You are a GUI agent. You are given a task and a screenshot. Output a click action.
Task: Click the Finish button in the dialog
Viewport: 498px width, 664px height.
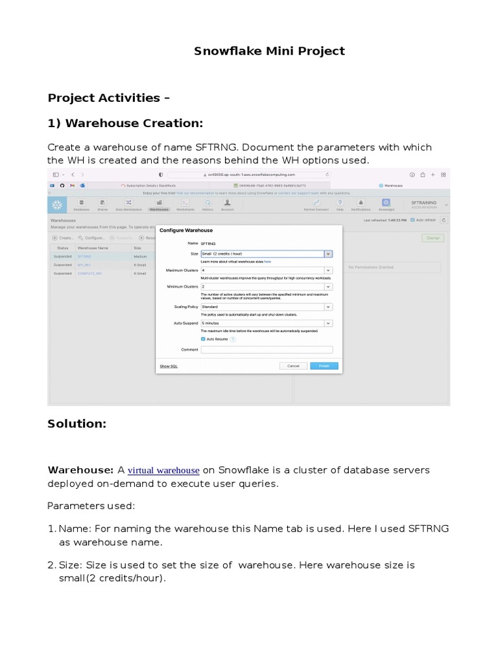pyautogui.click(x=324, y=366)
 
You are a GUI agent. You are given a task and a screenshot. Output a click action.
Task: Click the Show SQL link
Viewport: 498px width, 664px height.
pyautogui.click(x=169, y=366)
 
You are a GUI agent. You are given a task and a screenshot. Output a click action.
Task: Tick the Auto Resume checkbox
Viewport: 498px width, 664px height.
pyautogui.click(x=203, y=338)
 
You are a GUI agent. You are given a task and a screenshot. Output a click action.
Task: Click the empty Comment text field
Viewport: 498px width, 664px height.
pyautogui.click(x=267, y=350)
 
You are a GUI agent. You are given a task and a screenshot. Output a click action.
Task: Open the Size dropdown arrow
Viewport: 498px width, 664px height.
pyautogui.click(x=328, y=254)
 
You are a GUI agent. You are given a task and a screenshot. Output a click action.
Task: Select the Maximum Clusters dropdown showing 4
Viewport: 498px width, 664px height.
pyautogui.click(x=266, y=270)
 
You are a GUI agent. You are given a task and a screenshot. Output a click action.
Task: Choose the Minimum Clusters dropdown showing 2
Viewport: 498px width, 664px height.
pyautogui.click(x=266, y=286)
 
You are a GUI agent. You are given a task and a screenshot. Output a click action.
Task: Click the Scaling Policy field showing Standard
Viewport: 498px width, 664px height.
pyautogui.click(x=266, y=307)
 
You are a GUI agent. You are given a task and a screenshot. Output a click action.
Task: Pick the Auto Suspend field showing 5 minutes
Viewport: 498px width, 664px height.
pyautogui.click(x=266, y=323)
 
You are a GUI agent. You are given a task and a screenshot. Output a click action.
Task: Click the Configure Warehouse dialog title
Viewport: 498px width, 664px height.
pyautogui.click(x=186, y=230)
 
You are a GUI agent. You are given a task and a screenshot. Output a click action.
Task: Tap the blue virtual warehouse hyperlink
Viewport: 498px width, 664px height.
pyautogui.click(x=163, y=470)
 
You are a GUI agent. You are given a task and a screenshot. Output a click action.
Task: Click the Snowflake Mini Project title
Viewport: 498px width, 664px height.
pyautogui.click(x=269, y=51)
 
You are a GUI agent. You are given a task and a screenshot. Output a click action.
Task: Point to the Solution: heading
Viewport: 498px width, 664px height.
pyautogui.click(x=77, y=423)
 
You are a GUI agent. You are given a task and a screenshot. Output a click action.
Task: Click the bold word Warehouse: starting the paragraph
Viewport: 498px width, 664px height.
pyautogui.click(x=80, y=470)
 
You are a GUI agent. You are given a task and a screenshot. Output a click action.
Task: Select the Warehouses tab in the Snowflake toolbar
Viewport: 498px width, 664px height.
pyautogui.click(x=159, y=205)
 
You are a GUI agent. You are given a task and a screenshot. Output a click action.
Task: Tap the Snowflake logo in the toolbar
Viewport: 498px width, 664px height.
pyautogui.click(x=57, y=205)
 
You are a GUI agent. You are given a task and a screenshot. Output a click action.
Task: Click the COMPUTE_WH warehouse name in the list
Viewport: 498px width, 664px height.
pyautogui.click(x=89, y=274)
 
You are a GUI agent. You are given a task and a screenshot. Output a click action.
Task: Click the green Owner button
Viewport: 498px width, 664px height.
pyautogui.click(x=433, y=238)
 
